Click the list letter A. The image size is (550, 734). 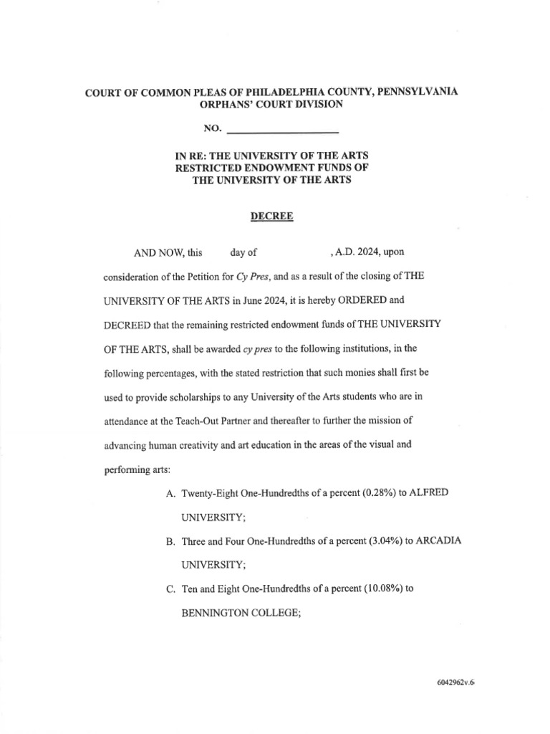click(170, 494)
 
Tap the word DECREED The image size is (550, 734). click(127, 324)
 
